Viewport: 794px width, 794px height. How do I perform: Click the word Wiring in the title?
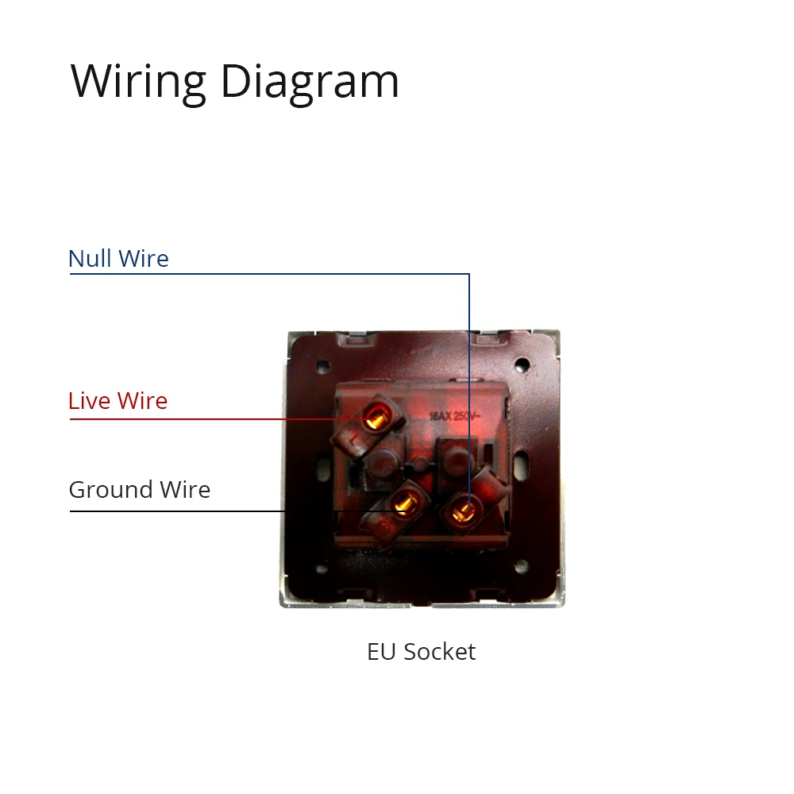(138, 81)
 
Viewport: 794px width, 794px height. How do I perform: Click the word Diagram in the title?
(310, 81)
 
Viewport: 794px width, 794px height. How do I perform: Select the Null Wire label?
(118, 259)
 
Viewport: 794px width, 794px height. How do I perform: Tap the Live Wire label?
(118, 401)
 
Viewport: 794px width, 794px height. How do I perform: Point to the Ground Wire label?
(139, 490)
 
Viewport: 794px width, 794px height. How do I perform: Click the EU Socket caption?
(421, 652)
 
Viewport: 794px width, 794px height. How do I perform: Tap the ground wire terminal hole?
(403, 504)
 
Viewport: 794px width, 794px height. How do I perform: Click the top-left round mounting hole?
(322, 367)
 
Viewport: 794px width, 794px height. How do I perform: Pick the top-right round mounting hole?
(522, 365)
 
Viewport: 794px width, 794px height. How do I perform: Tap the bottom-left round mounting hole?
(321, 569)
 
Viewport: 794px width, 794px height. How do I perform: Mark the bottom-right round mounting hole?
(521, 567)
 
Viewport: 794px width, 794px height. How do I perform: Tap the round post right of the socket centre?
(455, 458)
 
